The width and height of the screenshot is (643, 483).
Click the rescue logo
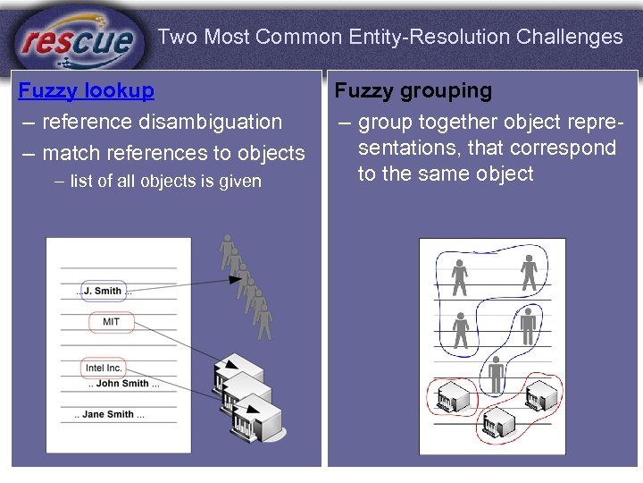point(79,39)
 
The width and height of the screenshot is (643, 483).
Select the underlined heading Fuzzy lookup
point(87,90)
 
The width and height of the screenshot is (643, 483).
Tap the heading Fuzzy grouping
point(413,90)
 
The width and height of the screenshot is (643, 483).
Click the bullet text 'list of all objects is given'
point(165,182)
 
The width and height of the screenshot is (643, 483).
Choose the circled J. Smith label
point(102,291)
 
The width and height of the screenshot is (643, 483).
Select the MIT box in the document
point(112,322)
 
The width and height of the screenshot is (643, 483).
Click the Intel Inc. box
point(104,368)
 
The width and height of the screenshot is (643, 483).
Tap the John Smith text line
point(123,384)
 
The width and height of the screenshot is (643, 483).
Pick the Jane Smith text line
point(109,414)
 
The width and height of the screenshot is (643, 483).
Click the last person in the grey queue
point(263,322)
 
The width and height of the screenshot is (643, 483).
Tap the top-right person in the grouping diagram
point(529,273)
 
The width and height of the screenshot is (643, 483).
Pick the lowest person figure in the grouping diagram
point(497,373)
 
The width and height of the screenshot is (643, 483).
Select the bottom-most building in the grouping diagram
point(498,422)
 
